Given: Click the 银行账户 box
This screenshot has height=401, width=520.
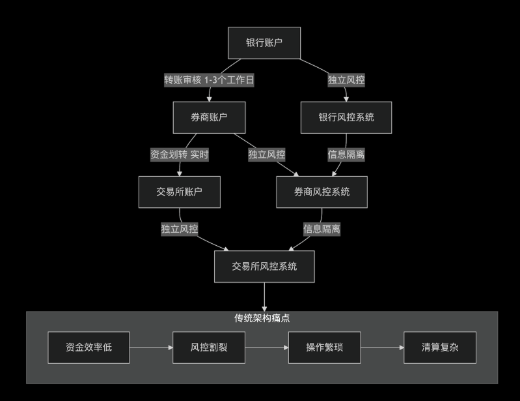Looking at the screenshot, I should (x=264, y=44).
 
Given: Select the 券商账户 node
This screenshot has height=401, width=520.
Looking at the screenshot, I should (x=209, y=117).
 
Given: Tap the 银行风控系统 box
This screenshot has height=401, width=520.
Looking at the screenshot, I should (x=346, y=117).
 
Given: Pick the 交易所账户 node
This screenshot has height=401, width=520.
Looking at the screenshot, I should (x=180, y=192).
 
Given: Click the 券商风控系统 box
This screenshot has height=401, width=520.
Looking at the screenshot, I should (x=322, y=192).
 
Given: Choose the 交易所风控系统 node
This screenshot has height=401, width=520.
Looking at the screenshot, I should (x=264, y=266).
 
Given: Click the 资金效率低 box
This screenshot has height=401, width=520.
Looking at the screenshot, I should (x=89, y=348).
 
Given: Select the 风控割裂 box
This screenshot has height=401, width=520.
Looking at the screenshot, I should (x=209, y=348).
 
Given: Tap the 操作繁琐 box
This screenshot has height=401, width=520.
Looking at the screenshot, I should (x=324, y=348).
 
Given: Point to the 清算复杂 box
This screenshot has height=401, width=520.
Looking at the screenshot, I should (x=440, y=348).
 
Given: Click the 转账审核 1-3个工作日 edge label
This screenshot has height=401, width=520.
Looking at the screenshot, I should (x=208, y=81).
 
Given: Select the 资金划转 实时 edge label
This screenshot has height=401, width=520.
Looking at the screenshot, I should (x=180, y=155).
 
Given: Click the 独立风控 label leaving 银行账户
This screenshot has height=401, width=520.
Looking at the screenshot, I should (x=346, y=81).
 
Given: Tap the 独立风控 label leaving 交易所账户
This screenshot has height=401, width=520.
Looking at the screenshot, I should (x=180, y=229).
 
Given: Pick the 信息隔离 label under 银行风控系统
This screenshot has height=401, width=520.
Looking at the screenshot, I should (x=346, y=155).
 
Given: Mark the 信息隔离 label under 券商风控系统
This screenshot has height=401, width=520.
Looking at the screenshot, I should (x=322, y=229).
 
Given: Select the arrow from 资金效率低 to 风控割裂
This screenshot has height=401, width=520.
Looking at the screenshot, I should (x=151, y=348).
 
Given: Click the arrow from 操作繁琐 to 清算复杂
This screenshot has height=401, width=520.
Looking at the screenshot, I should (x=382, y=348).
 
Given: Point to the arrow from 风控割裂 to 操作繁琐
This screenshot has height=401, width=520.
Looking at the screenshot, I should (x=267, y=348).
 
